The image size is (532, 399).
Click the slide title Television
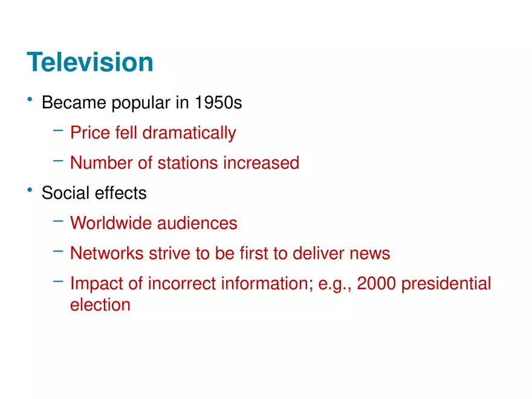pyautogui.click(x=90, y=62)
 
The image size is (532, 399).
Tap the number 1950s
pyautogui.click(x=218, y=103)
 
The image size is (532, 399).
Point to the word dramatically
pyautogui.click(x=189, y=133)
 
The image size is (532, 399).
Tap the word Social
pyautogui.click(x=65, y=193)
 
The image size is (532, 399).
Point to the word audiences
pyautogui.click(x=197, y=223)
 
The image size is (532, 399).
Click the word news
pyautogui.click(x=370, y=253)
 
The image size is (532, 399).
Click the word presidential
pyautogui.click(x=446, y=284)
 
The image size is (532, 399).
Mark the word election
pyautogui.click(x=100, y=304)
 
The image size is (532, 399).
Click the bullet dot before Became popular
pyautogui.click(x=29, y=99)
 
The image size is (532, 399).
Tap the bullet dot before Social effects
pyautogui.click(x=29, y=189)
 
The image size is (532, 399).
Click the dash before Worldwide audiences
pyautogui.click(x=58, y=221)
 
